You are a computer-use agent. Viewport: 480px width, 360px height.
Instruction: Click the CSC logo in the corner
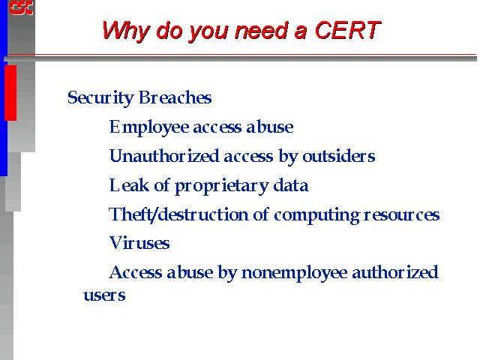point(21,7)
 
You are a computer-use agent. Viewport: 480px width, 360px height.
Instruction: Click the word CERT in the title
point(347,31)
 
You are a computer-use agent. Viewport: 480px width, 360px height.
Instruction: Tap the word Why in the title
point(126,31)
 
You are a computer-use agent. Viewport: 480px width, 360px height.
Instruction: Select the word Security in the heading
point(100,98)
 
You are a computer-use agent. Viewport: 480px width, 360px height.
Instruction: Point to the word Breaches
point(175,97)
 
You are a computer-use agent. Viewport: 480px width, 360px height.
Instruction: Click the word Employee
point(149,127)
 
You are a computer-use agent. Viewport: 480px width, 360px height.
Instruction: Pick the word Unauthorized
point(164,156)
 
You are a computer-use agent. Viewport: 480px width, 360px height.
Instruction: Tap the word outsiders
point(338,156)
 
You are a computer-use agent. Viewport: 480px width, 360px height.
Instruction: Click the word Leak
point(129,185)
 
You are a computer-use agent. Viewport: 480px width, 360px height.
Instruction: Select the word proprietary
point(222,187)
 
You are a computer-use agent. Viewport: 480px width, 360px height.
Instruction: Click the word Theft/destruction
point(178,214)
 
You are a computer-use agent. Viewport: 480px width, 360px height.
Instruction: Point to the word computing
point(316,215)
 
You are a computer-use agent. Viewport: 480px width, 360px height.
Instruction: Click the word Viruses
point(139,243)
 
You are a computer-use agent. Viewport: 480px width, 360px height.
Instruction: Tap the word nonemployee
point(294,273)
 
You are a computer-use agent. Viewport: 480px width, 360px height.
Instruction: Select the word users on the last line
point(104,295)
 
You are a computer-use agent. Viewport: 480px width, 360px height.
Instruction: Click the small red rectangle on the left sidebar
point(10,92)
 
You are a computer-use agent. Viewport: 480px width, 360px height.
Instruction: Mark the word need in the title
point(262,31)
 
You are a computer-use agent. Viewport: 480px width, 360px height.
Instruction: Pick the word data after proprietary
point(291,185)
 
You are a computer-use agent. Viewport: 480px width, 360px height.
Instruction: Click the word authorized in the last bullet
point(395,272)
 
